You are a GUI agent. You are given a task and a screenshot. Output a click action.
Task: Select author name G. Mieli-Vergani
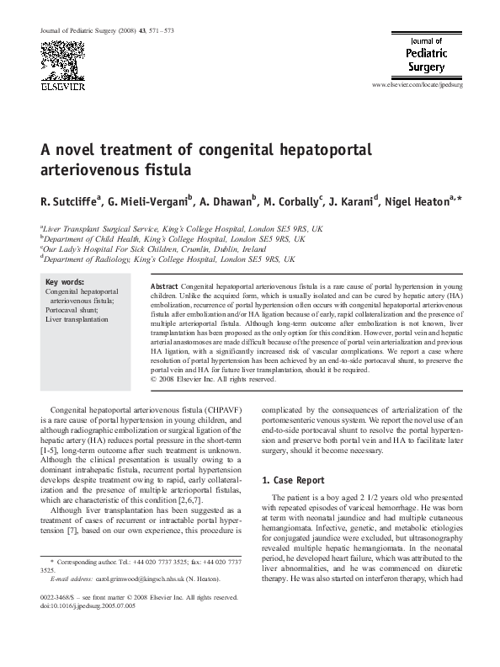(150, 202)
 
